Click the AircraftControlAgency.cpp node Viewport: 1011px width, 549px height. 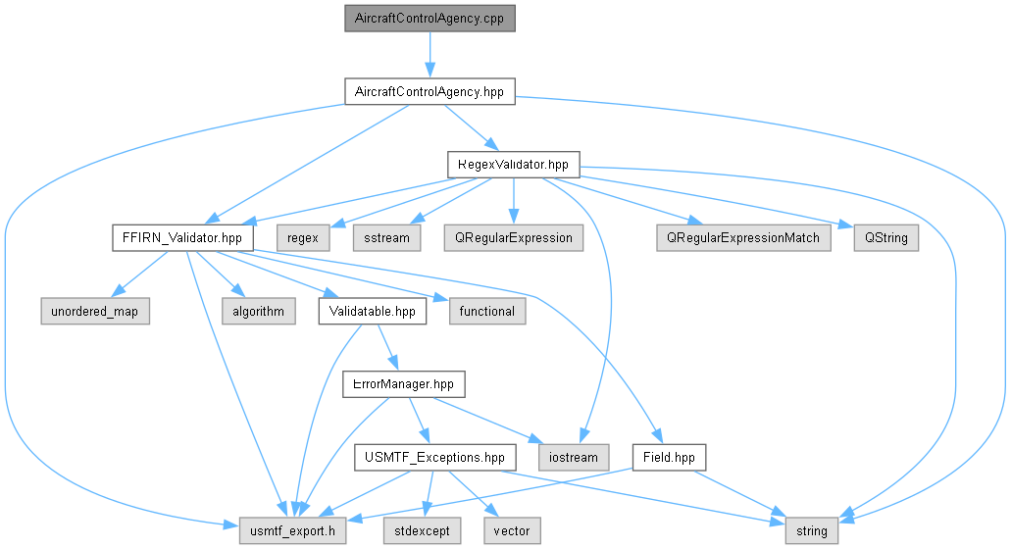[430, 18]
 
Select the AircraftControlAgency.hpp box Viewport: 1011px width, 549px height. [430, 91]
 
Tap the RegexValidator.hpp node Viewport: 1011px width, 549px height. [513, 165]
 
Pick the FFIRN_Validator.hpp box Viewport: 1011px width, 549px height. [182, 238]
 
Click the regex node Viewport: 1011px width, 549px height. [303, 238]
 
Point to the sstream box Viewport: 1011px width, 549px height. [387, 238]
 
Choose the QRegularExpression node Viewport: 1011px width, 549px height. [514, 238]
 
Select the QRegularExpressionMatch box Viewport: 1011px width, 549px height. [743, 238]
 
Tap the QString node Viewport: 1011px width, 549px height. [886, 238]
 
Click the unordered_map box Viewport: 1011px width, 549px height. [95, 311]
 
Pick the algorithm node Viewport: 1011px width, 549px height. [259, 311]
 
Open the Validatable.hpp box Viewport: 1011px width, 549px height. [372, 311]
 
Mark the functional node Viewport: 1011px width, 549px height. [487, 311]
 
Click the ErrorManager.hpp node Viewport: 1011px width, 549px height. [404, 384]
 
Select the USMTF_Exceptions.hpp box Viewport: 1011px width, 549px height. [435, 458]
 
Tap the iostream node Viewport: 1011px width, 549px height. [574, 458]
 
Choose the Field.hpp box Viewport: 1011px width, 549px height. [670, 458]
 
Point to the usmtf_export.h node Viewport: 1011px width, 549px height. [293, 531]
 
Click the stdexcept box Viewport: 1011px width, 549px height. [423, 531]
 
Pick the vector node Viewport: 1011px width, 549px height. [512, 531]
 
